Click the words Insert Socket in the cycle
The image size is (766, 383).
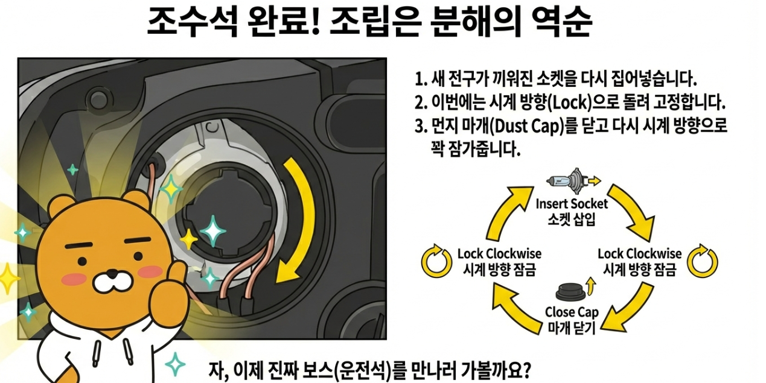(572, 203)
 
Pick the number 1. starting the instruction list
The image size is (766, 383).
(421, 78)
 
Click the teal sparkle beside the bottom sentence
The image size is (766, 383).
(176, 364)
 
